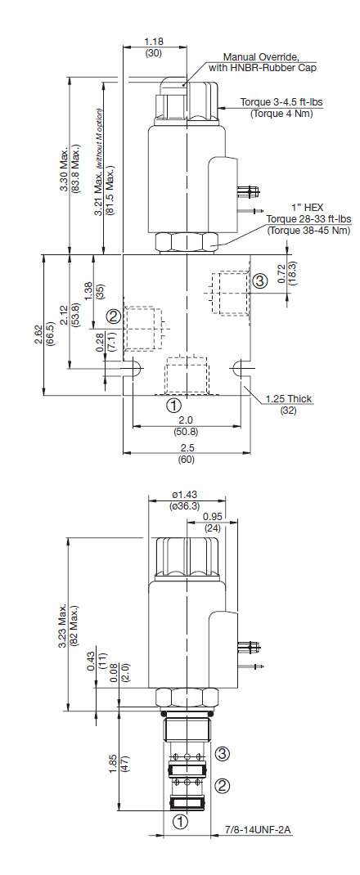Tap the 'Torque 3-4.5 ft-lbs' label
click(x=282, y=102)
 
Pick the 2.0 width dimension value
click(x=187, y=419)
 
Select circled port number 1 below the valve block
click(x=173, y=404)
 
